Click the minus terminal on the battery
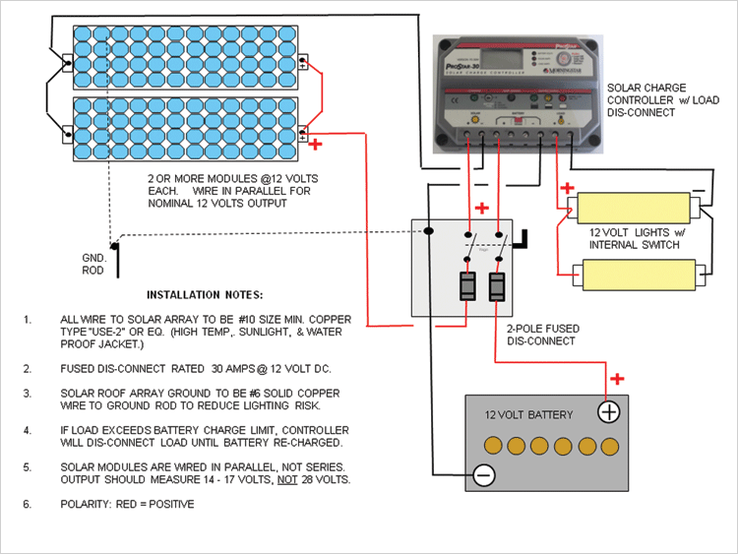482,475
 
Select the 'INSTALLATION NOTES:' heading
205,294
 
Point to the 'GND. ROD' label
95,262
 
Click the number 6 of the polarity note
29,504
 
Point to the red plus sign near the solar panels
316,146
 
